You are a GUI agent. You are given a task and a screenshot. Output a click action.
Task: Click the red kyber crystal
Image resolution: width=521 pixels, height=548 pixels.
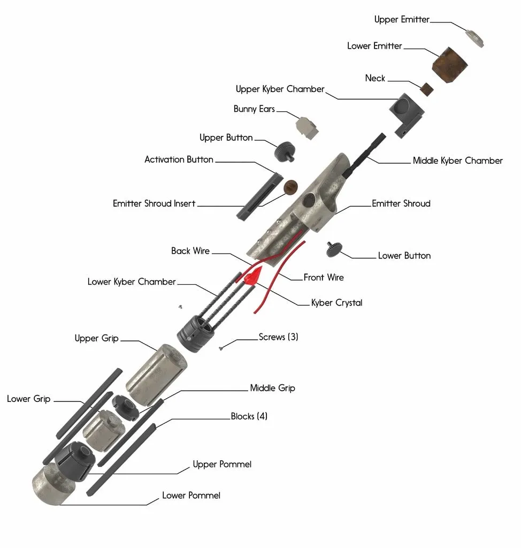[x=252, y=276]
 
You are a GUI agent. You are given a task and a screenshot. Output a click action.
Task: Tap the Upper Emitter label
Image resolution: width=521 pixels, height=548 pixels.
[x=402, y=20]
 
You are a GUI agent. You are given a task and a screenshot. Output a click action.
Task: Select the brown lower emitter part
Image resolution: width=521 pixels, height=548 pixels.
[x=449, y=65]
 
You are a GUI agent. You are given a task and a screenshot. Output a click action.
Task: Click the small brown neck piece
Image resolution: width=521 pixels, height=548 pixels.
[x=426, y=89]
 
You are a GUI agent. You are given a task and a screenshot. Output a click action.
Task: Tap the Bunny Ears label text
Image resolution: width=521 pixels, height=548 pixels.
[x=254, y=109]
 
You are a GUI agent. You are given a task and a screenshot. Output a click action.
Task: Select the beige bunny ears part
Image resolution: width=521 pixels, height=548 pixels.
[x=308, y=126]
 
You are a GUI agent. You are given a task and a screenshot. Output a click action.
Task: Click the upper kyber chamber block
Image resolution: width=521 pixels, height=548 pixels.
[x=406, y=113]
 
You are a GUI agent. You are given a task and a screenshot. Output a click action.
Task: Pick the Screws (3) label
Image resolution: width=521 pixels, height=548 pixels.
[x=278, y=337]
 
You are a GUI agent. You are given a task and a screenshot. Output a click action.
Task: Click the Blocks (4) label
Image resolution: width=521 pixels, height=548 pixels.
[x=249, y=416]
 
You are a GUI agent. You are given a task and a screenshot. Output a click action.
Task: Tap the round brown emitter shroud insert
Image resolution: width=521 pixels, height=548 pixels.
[x=290, y=187]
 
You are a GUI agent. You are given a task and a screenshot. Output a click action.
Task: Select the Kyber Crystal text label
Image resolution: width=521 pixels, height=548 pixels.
[x=336, y=303]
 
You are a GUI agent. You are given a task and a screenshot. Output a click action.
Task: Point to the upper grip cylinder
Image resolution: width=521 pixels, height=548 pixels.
[x=155, y=374]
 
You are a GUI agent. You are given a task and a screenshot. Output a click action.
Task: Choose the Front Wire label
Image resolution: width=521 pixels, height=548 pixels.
[x=324, y=277]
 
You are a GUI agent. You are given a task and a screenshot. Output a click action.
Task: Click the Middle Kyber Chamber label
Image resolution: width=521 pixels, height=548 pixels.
[x=457, y=161]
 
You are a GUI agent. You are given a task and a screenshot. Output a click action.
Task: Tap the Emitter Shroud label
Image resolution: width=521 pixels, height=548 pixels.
[x=401, y=203]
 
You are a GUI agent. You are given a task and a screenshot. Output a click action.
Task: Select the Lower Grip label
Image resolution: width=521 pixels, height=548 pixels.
[x=29, y=399]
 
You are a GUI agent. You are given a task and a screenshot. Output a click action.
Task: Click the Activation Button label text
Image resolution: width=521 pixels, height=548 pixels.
[x=179, y=159]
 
